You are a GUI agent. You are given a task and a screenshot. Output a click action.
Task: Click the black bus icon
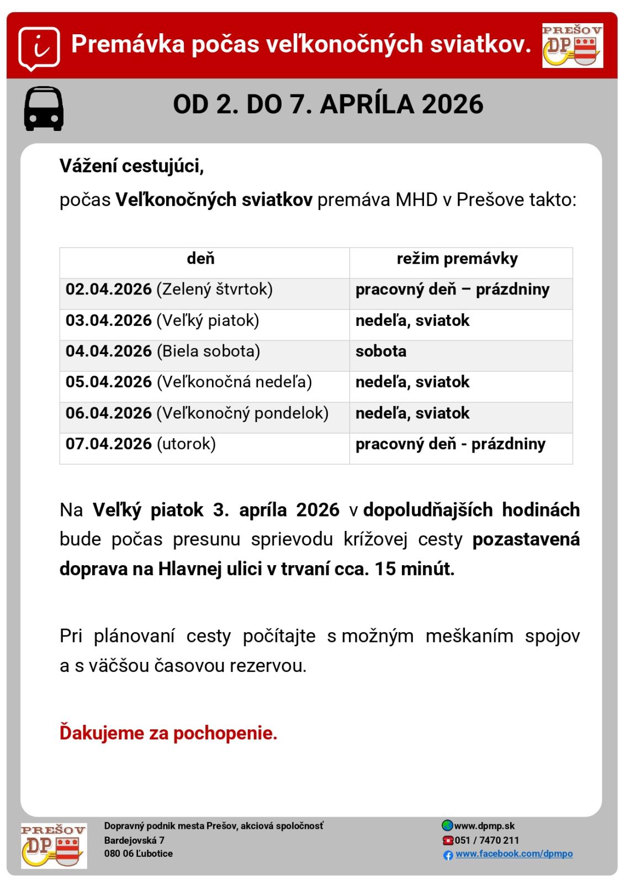(44, 108)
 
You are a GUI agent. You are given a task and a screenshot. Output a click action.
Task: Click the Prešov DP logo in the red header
(572, 45)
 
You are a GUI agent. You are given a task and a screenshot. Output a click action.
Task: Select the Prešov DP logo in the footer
(54, 845)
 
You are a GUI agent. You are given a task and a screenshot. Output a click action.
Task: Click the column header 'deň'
(201, 259)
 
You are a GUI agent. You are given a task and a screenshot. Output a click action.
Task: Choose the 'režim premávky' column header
(457, 259)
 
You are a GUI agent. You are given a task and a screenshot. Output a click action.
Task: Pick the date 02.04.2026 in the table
(109, 290)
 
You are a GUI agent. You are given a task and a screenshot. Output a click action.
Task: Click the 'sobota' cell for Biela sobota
(381, 351)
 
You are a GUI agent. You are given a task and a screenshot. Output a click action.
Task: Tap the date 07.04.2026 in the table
(109, 444)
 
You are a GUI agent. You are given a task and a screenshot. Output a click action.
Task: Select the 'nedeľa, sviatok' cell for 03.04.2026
(412, 320)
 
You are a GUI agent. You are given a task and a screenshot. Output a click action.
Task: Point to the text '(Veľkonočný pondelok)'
(242, 413)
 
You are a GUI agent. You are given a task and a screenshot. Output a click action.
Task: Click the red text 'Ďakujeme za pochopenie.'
(168, 734)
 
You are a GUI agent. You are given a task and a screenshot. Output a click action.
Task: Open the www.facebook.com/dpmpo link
(513, 854)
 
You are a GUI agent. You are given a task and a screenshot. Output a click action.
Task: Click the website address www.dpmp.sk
(484, 826)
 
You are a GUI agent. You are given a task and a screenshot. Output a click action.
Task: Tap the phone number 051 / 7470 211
(486, 840)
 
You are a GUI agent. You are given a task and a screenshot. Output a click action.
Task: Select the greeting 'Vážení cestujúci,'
(131, 166)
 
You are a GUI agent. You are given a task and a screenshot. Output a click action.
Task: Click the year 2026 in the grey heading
(452, 104)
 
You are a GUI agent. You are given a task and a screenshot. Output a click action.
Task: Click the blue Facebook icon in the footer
(448, 855)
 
